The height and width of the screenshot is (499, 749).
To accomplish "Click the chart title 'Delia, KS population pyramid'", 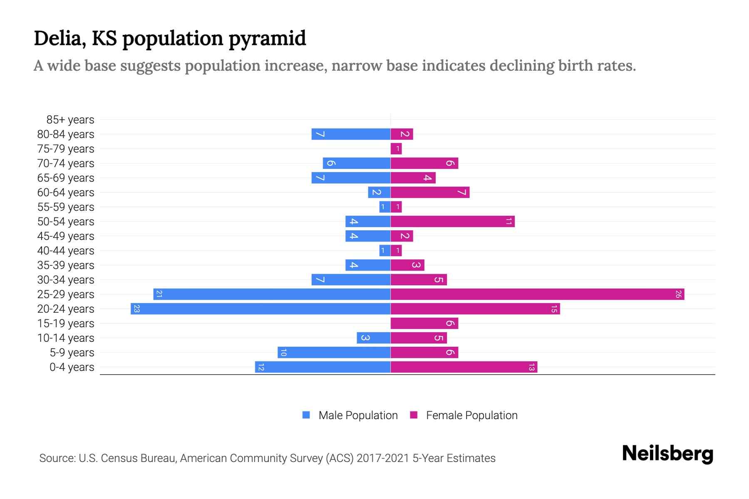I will point(170,38).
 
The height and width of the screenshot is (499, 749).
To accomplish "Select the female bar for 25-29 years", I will point(537,294).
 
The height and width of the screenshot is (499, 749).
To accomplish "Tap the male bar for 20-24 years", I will point(260,309).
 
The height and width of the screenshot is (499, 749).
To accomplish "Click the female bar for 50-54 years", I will point(452,222).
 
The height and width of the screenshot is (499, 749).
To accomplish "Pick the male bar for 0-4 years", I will point(322,367).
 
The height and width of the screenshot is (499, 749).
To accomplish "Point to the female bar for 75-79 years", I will point(396,149).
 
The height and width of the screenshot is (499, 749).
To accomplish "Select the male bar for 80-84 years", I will point(351,134).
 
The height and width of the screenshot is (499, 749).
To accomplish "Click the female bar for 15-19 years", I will point(424,324).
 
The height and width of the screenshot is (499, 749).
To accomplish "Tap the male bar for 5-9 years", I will point(334,353).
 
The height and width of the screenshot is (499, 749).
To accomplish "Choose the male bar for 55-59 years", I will point(384,207).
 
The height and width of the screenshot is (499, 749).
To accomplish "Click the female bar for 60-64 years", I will point(430,193).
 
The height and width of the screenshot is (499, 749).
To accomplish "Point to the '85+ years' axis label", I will point(70,120).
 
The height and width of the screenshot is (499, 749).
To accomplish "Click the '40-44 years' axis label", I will point(66,251).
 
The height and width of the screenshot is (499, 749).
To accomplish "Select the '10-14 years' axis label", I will point(66,338).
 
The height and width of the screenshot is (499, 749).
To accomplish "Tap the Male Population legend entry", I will point(350,415).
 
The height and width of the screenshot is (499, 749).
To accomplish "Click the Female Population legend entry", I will point(464,415).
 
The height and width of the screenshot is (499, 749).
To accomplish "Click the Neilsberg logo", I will point(667,454).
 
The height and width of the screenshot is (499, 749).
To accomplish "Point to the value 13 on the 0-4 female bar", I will point(531,367).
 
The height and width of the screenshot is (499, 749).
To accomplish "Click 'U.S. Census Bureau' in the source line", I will point(127,458).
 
